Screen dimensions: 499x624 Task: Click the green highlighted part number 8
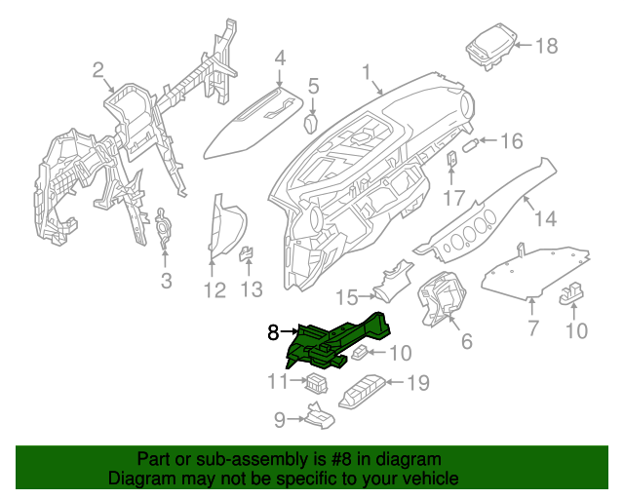click(336, 341)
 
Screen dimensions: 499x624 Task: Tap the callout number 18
click(546, 45)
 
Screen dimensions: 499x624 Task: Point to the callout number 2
click(97, 69)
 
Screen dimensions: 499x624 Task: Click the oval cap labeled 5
click(312, 123)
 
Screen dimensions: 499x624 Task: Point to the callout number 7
click(533, 328)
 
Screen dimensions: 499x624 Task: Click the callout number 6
click(466, 341)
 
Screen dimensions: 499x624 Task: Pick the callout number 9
click(278, 420)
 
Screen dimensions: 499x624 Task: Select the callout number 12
click(214, 289)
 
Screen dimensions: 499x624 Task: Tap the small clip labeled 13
click(247, 255)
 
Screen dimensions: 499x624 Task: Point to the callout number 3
click(165, 282)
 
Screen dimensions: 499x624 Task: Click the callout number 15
click(347, 296)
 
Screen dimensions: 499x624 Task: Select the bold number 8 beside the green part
click(274, 333)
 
